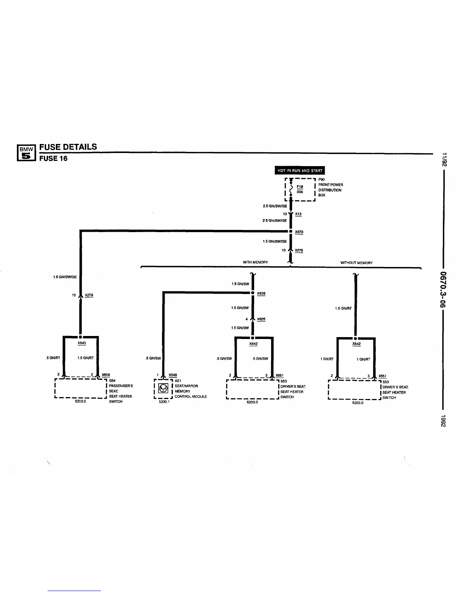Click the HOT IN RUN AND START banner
300,171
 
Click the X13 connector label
298,214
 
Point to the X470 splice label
299,232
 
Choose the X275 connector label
299,250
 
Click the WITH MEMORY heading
255,262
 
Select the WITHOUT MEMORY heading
356,263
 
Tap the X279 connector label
89,295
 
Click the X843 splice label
81,343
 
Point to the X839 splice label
261,294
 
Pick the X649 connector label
172,375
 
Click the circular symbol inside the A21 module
163,388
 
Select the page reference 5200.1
164,402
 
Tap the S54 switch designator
112,381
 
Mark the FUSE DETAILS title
68,147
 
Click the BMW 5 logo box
26,153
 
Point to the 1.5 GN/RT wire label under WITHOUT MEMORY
343,309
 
